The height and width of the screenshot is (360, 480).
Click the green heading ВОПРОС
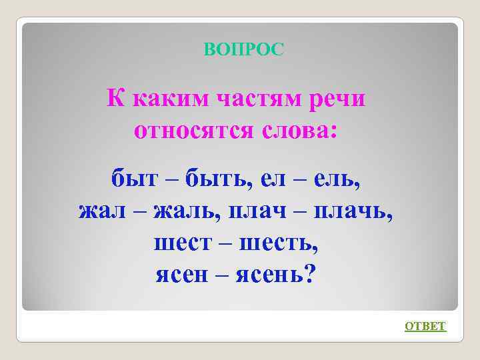coord(244,49)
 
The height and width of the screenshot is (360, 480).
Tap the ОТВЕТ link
coord(425,326)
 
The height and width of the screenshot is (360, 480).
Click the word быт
coord(133,179)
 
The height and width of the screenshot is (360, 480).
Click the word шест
coord(180,243)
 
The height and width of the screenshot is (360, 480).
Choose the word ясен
coord(182,274)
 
